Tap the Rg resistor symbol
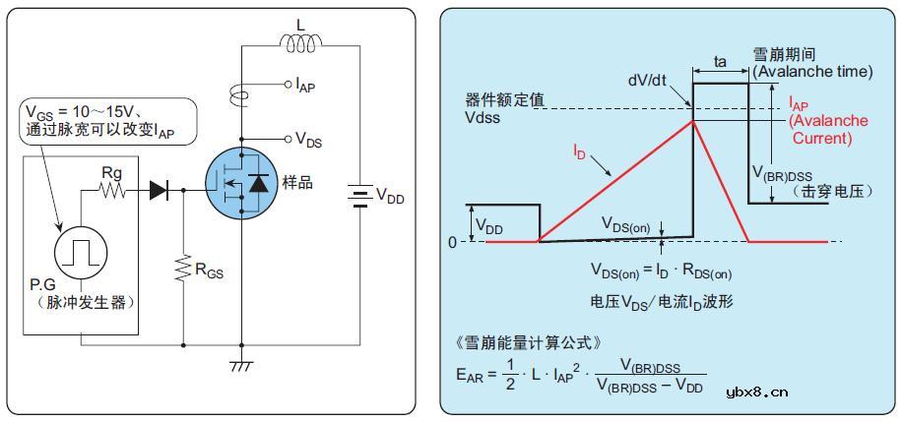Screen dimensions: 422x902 click(112, 191)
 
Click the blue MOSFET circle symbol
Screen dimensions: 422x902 click(239, 182)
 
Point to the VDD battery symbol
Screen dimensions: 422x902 click(355, 196)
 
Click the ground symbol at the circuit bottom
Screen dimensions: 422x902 click(241, 366)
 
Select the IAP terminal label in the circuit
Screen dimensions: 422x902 click(304, 87)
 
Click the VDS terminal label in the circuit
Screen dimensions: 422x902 click(308, 142)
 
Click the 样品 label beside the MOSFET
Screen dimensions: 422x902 click(296, 184)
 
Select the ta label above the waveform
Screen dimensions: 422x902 click(721, 62)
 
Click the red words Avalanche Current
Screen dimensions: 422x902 click(828, 129)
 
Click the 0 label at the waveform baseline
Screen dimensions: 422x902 click(452, 242)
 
